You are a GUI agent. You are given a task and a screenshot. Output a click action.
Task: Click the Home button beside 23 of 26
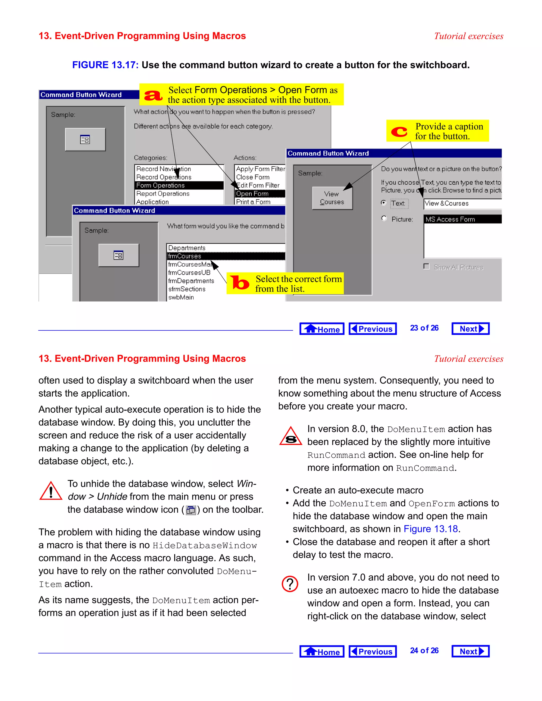tap(322, 329)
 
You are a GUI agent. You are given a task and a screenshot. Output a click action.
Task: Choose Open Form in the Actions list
tap(259, 194)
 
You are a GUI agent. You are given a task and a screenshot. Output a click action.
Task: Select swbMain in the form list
tap(181, 297)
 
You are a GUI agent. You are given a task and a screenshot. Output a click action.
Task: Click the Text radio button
tap(383, 203)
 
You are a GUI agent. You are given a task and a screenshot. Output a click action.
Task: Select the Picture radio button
tap(384, 219)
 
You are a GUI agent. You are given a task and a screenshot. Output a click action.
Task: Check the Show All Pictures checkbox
tap(426, 266)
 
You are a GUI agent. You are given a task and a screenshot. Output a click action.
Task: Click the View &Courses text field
tap(462, 203)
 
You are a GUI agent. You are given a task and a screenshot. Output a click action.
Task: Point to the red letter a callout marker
tap(153, 95)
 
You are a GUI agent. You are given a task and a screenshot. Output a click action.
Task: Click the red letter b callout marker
tap(240, 283)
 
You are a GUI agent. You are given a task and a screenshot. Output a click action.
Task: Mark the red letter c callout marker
tap(399, 131)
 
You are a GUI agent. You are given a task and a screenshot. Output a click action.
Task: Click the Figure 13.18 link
tap(430, 529)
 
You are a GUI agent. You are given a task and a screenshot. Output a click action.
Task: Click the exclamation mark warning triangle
tap(51, 491)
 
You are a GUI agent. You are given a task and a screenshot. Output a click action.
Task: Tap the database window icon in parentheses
tap(191, 510)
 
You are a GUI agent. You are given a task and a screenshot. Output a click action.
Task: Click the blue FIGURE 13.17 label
tap(105, 65)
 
